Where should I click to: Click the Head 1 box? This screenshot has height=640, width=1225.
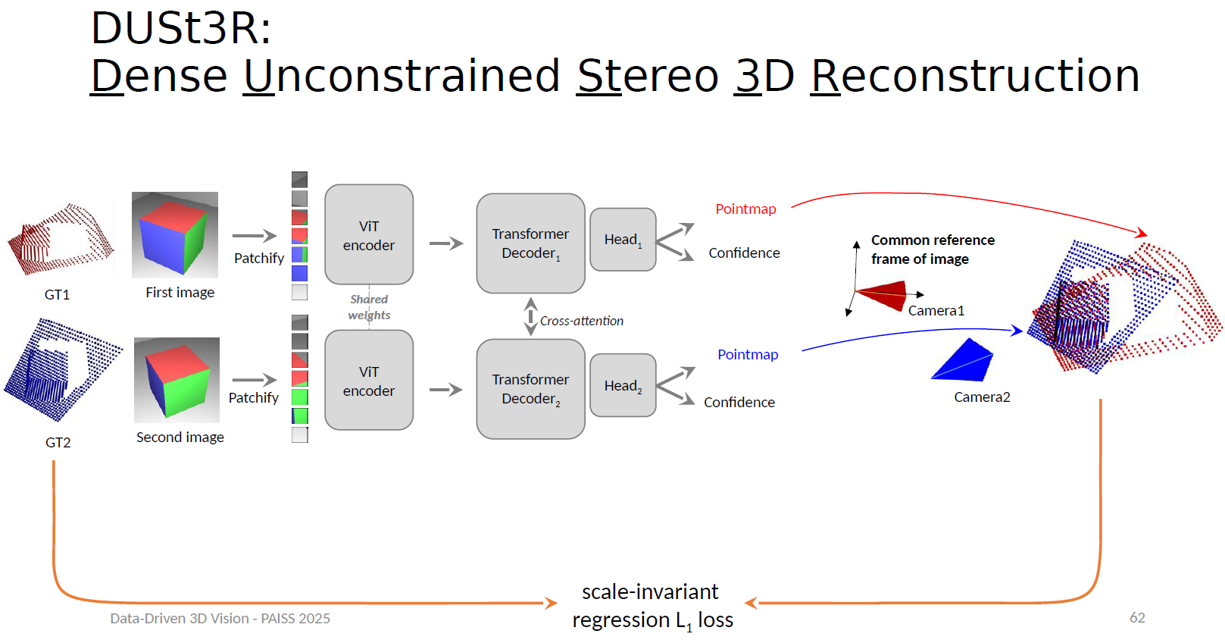point(623,240)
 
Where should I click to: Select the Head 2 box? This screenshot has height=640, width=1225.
point(623,385)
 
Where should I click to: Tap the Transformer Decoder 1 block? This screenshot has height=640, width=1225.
point(530,243)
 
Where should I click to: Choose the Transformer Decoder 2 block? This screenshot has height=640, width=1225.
point(530,389)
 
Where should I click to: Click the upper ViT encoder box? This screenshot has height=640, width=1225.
point(369,235)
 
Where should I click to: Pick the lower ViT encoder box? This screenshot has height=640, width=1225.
point(369,381)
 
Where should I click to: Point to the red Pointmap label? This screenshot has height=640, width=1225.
point(745,209)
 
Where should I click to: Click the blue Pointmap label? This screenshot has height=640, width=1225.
point(748,355)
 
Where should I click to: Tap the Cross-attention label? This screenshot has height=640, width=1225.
point(581,322)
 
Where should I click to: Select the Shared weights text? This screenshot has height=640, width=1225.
point(369,307)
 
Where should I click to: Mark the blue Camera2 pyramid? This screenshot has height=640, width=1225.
point(963,361)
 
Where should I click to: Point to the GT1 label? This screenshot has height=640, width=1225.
point(57,295)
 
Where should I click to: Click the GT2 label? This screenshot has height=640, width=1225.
point(58,443)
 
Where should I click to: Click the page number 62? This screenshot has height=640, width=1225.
point(1137,618)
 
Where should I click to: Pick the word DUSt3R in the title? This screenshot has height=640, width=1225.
point(180,29)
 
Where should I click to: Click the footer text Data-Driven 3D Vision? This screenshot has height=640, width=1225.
point(220,619)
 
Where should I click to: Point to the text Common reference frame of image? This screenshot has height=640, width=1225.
point(932,249)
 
